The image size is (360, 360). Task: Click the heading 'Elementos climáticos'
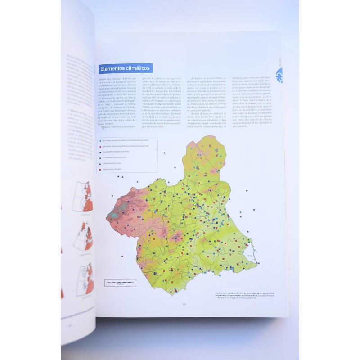(126, 69)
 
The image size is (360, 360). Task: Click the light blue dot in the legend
(100, 140)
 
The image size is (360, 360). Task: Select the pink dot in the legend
(100, 146)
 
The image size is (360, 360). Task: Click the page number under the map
(184, 303)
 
